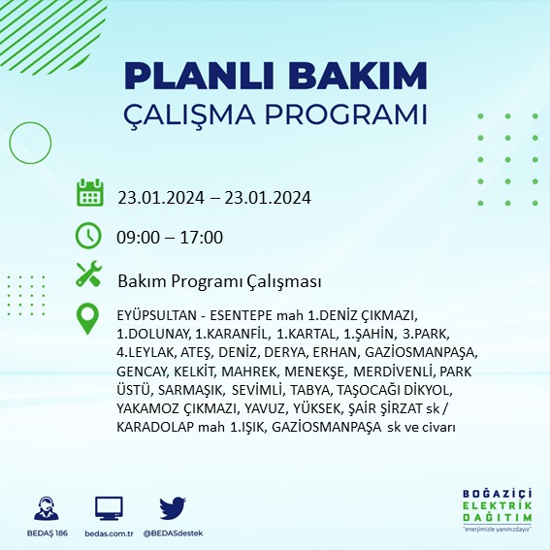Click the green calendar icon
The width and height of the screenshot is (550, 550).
89,192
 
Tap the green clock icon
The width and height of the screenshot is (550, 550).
88,236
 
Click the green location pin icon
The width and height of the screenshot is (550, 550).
89,318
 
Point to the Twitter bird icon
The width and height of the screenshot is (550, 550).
172,509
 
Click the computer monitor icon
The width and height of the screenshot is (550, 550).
109,509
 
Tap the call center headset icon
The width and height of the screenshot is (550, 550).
45,509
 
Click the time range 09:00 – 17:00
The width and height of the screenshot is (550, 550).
170,238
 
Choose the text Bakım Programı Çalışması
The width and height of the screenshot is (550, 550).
219,281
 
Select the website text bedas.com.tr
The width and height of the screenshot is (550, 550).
109,534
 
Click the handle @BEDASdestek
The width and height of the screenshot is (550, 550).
173,534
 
